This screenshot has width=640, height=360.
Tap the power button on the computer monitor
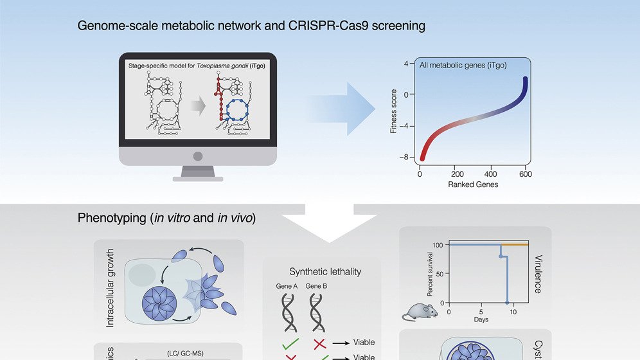point(198,156)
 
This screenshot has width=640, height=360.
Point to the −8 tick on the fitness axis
point(404,157)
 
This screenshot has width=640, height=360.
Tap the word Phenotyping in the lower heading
point(111,218)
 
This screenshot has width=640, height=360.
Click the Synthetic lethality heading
point(325,271)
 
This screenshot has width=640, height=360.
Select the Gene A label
point(287,286)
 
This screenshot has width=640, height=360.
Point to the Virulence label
point(538,273)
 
